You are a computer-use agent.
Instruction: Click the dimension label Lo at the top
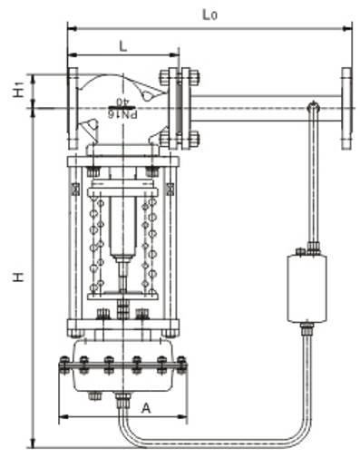click(x=209, y=15)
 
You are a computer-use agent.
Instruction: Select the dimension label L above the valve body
click(x=123, y=46)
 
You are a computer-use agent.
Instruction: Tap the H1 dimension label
click(x=18, y=90)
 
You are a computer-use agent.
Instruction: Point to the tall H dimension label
click(x=18, y=277)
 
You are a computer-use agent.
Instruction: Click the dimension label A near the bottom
click(x=146, y=409)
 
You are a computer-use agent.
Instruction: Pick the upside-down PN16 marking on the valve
click(x=122, y=114)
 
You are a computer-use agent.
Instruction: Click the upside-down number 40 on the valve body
click(x=123, y=102)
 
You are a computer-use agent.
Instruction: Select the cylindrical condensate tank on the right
click(x=307, y=288)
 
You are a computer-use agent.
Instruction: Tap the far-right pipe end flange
click(x=346, y=108)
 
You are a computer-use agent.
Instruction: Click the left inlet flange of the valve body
click(x=73, y=108)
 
